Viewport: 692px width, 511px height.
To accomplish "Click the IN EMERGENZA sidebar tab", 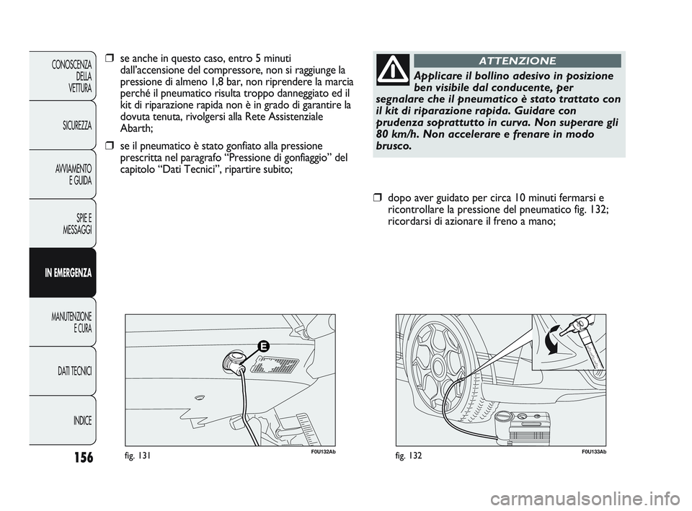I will pos(63,273).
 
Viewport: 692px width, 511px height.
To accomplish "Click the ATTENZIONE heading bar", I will pos(517,61).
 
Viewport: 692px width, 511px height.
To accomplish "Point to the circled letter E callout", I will pos(264,347).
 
